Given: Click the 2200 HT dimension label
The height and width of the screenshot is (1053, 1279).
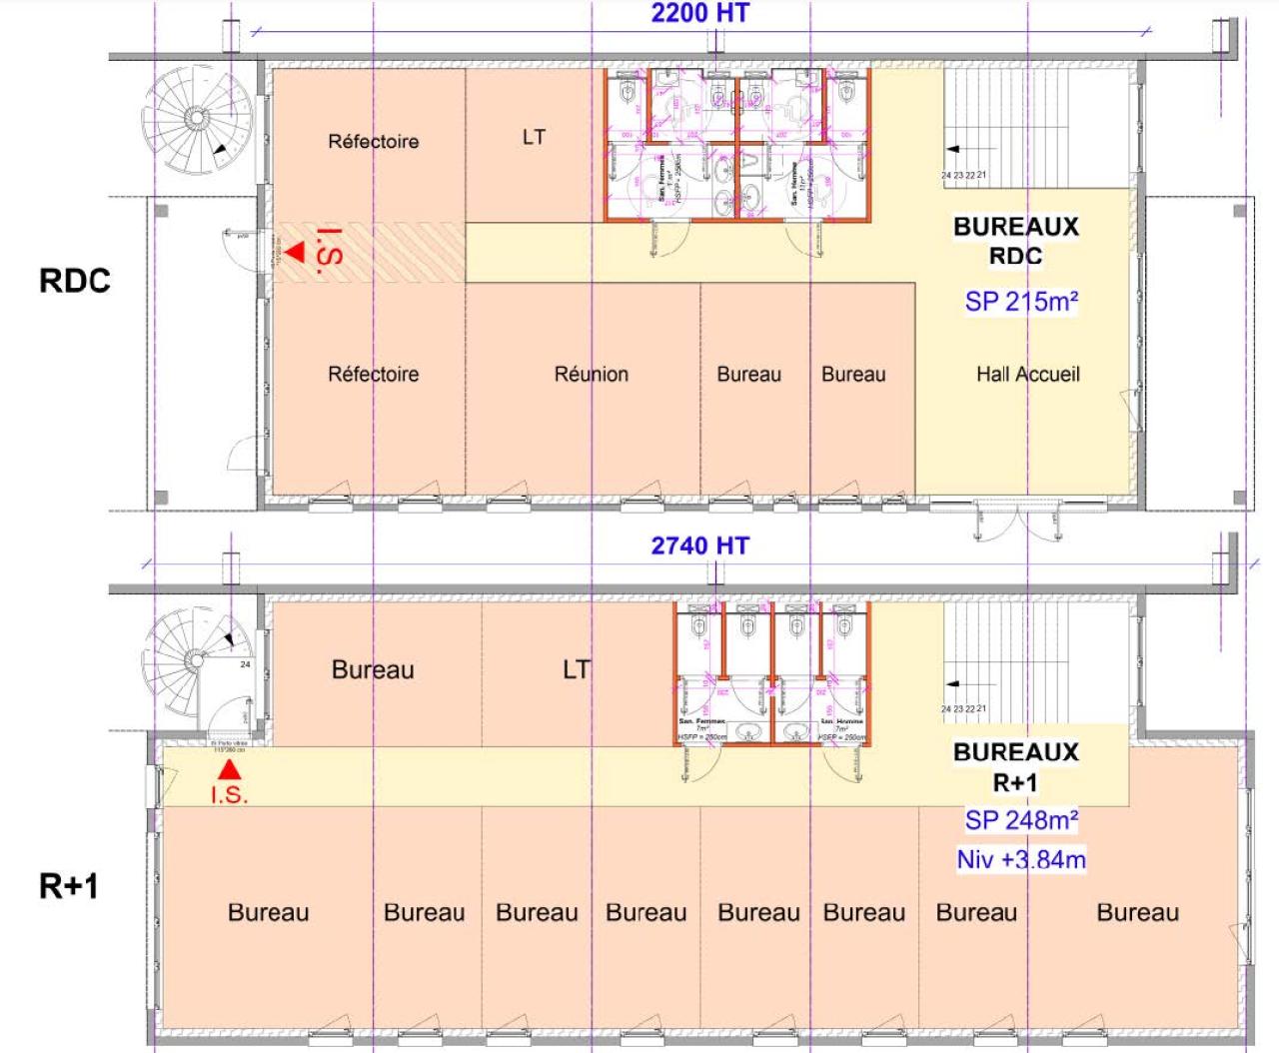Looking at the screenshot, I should click(x=699, y=13).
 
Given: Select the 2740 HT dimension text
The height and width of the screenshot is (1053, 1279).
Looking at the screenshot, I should click(x=699, y=545).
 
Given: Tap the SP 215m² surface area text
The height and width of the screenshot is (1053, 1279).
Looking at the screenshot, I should click(x=1021, y=301).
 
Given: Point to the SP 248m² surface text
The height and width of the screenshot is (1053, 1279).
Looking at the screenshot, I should click(x=1021, y=820).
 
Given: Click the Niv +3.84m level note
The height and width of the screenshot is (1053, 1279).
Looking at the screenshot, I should click(x=1021, y=859).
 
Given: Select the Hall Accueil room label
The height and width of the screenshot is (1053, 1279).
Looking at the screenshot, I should click(x=1027, y=374).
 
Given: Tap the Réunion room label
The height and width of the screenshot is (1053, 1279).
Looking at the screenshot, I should click(x=592, y=374).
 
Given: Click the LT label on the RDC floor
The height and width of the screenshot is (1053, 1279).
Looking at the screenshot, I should click(x=534, y=137).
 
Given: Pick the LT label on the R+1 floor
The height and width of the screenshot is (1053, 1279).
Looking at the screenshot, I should click(x=576, y=669).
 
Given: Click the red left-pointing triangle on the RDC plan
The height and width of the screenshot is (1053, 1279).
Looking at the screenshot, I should click(x=294, y=253).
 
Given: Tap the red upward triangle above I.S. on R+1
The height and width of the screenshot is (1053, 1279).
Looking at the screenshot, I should click(x=230, y=769).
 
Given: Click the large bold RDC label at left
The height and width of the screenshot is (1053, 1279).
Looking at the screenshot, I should click(x=74, y=281).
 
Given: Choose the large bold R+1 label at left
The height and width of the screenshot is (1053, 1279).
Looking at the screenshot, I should click(x=68, y=886).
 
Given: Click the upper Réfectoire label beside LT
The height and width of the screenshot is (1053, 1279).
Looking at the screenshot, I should click(x=373, y=141).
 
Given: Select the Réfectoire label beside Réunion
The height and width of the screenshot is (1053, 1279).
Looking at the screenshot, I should click(x=373, y=374).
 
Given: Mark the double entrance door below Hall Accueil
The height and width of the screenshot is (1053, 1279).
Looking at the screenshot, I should click(x=1017, y=518).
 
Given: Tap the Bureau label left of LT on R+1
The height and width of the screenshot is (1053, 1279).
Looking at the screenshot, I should click(x=373, y=669).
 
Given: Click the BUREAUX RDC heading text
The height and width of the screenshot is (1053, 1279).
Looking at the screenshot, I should click(x=1015, y=241).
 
